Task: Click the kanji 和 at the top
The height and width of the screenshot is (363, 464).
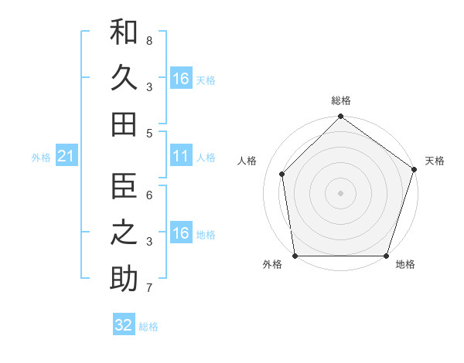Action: [x=124, y=32]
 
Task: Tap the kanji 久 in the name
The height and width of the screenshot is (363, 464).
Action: [x=124, y=78]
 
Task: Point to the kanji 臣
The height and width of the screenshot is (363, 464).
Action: [x=124, y=186]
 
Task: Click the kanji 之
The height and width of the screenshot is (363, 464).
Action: [x=124, y=232]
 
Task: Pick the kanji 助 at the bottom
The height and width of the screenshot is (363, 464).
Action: [x=124, y=278]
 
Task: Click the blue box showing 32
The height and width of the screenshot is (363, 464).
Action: [x=124, y=325]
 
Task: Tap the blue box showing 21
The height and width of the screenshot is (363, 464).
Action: [x=67, y=158]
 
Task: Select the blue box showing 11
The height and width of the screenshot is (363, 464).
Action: [x=181, y=158]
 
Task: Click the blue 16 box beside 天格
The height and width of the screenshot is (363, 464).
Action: [x=181, y=79]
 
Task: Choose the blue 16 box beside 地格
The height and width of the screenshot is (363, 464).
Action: [x=181, y=234]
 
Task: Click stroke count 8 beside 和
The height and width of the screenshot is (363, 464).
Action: [x=149, y=40]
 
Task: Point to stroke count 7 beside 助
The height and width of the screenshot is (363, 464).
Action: [x=149, y=289]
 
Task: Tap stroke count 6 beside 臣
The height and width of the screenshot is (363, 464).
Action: [x=149, y=195]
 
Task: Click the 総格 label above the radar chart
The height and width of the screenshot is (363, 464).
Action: [x=341, y=100]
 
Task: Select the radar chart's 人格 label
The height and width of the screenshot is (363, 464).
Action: [x=247, y=161]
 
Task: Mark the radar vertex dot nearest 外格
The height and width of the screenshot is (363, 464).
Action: [x=295, y=256]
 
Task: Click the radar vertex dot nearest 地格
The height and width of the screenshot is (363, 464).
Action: [x=386, y=256]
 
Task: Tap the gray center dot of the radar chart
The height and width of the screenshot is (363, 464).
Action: [x=340, y=193]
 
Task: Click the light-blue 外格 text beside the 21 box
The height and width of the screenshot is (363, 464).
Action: [x=41, y=158]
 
